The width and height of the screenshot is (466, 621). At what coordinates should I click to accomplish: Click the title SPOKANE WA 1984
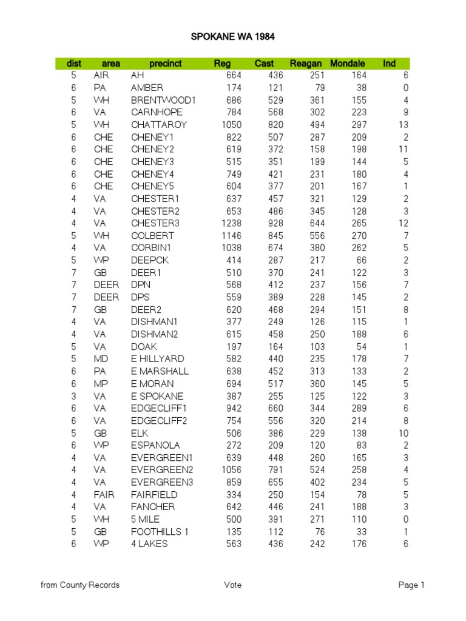[233, 37]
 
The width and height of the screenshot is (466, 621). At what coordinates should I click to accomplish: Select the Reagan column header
[306, 64]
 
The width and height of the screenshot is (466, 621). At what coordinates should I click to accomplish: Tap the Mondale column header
[348, 64]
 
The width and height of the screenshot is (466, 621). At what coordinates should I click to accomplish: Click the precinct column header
[166, 64]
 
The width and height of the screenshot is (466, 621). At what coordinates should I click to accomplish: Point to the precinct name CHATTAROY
[159, 125]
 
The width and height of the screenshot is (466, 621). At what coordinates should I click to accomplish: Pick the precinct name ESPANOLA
[155, 445]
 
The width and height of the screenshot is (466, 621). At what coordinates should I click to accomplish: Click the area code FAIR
[104, 494]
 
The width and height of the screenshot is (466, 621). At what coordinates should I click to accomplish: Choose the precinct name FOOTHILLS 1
[160, 531]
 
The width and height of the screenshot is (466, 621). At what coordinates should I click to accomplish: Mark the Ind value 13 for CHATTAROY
[404, 125]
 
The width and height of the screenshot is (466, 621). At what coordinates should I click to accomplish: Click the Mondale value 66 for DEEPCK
[360, 260]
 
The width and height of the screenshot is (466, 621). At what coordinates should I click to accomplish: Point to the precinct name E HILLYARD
[157, 359]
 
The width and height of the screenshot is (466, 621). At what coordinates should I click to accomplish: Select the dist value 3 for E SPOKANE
[73, 395]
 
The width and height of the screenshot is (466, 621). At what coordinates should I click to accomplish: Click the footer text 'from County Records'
[80, 585]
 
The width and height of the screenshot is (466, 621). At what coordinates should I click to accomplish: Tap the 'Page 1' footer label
[411, 585]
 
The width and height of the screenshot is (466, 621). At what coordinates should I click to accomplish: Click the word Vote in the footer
[232, 585]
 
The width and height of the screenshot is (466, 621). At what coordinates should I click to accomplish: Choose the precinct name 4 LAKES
[149, 543]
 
